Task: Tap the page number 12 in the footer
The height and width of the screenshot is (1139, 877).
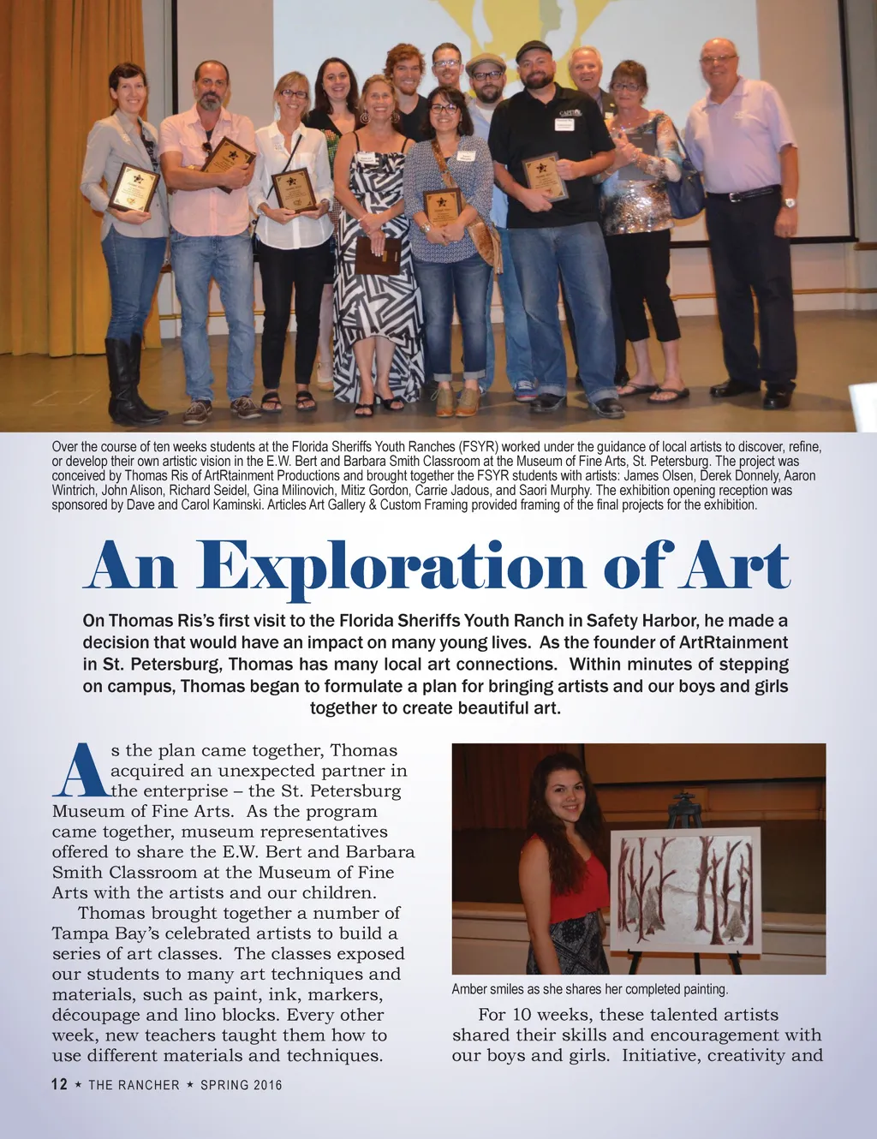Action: coord(59,1084)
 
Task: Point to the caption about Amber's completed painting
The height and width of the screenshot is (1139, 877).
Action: coord(589,989)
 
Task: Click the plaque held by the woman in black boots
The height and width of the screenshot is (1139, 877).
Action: coord(134,187)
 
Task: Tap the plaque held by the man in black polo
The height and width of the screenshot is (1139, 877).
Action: coord(544,176)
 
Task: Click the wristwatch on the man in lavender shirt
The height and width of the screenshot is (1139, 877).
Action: coord(789,203)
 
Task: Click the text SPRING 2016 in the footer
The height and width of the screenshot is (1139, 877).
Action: coord(241,1085)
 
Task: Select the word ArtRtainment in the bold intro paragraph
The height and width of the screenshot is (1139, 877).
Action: coord(732,642)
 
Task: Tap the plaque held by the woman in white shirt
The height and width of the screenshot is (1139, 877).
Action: coord(294,189)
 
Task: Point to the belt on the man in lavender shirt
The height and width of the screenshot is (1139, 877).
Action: coord(742,194)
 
